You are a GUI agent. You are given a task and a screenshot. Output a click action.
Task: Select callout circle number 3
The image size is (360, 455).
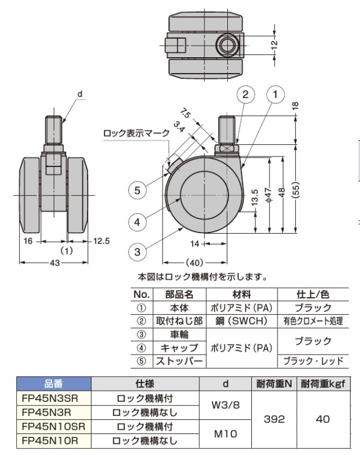coord(137,252)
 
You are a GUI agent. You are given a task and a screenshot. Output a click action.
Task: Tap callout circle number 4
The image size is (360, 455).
coord(137,222)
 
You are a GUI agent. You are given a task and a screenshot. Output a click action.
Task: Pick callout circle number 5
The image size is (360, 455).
coord(137,190)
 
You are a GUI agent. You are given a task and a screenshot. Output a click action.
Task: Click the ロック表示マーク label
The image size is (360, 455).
coord(136,133)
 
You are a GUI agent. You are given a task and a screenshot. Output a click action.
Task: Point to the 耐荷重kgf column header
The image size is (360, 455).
coord(327,384)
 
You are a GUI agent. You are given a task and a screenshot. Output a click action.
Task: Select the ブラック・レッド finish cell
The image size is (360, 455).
coord(311,362)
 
